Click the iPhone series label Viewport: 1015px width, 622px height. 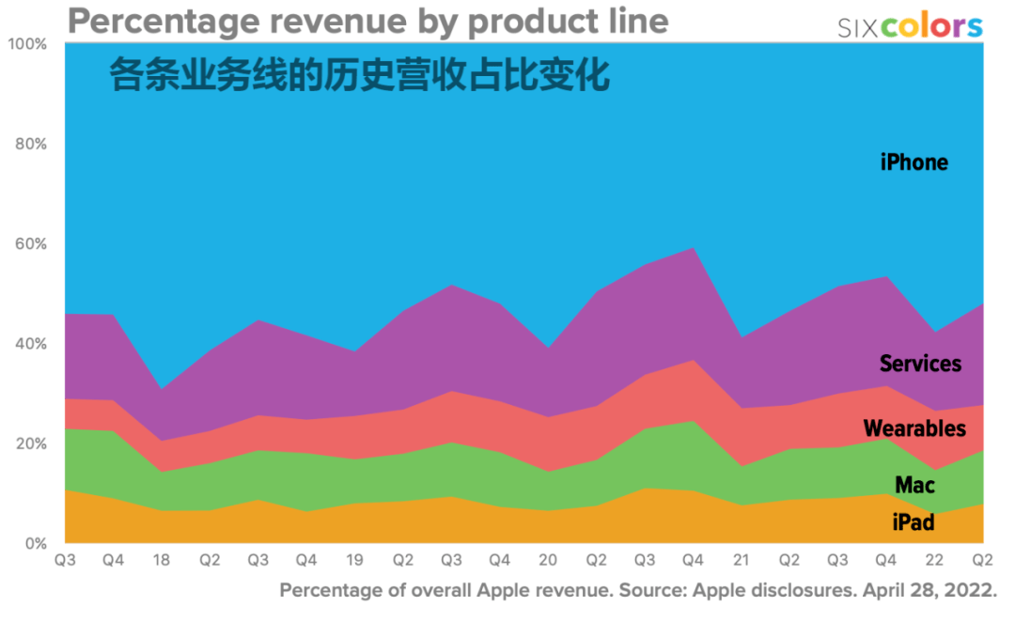tap(913, 163)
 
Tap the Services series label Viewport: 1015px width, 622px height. tap(920, 364)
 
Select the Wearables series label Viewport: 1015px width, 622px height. tap(913, 429)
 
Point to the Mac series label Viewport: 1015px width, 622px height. tap(914, 486)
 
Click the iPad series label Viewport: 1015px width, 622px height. tap(913, 521)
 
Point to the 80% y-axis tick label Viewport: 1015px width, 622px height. tap(30, 145)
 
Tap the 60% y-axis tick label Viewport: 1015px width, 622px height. tap(30, 244)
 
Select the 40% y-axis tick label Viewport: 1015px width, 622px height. tap(30, 344)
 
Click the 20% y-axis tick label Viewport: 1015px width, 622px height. tap(30, 443)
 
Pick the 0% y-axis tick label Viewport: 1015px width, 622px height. tap(34, 543)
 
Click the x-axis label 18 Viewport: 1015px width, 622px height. tap(162, 560)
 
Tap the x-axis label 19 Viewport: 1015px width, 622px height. tap(354, 560)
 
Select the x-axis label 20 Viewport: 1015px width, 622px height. tap(548, 560)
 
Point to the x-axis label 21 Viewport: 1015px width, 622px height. tap(742, 560)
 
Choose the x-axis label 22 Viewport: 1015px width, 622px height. tap(934, 560)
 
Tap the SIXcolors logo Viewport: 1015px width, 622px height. tap(910, 26)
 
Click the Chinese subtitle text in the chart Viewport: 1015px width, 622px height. tap(360, 75)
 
